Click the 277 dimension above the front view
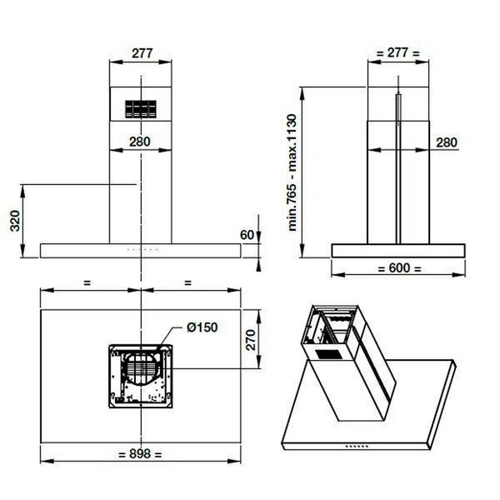(140, 52)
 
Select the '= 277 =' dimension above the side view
(398, 52)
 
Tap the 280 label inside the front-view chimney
(140, 142)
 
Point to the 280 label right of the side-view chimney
(446, 142)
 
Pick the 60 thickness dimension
(246, 234)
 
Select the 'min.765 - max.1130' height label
(293, 172)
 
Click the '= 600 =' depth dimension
(398, 268)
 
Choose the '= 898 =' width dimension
(140, 454)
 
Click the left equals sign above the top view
(87, 282)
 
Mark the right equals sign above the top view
(187, 282)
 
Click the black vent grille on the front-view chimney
(140, 108)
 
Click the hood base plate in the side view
(398, 250)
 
